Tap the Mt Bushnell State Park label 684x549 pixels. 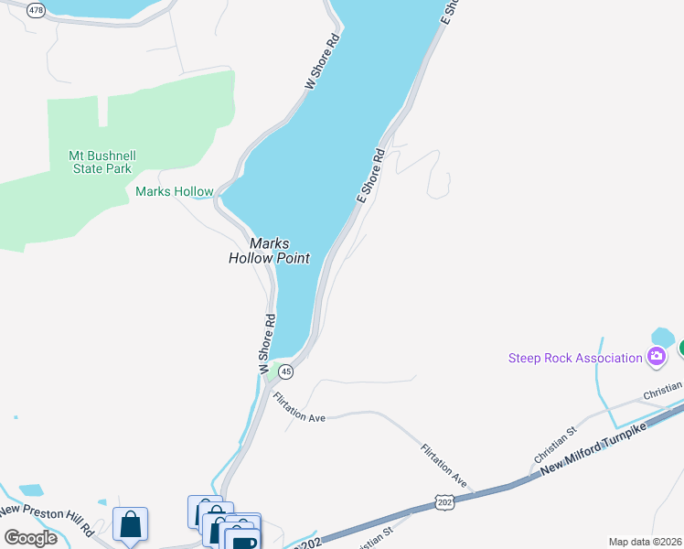coord(101,162)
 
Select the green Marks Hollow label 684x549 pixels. coord(174,192)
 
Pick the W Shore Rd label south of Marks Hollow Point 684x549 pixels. coord(266,344)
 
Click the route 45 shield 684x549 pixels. coord(286,371)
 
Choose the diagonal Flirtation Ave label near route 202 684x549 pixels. coord(444,466)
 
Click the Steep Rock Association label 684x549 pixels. coord(575,358)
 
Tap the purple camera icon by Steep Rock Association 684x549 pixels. coord(656,357)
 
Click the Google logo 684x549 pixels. coord(30,537)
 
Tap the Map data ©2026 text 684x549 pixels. coord(646,542)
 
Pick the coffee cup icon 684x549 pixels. coord(243,541)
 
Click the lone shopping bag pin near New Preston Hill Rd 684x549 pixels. coord(130,525)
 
